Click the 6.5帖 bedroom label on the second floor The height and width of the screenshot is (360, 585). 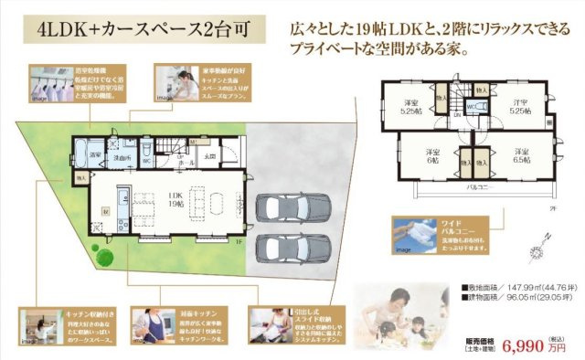pyautogui.click(x=522, y=155)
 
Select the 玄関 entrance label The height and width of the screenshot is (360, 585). pyautogui.click(x=210, y=155)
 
